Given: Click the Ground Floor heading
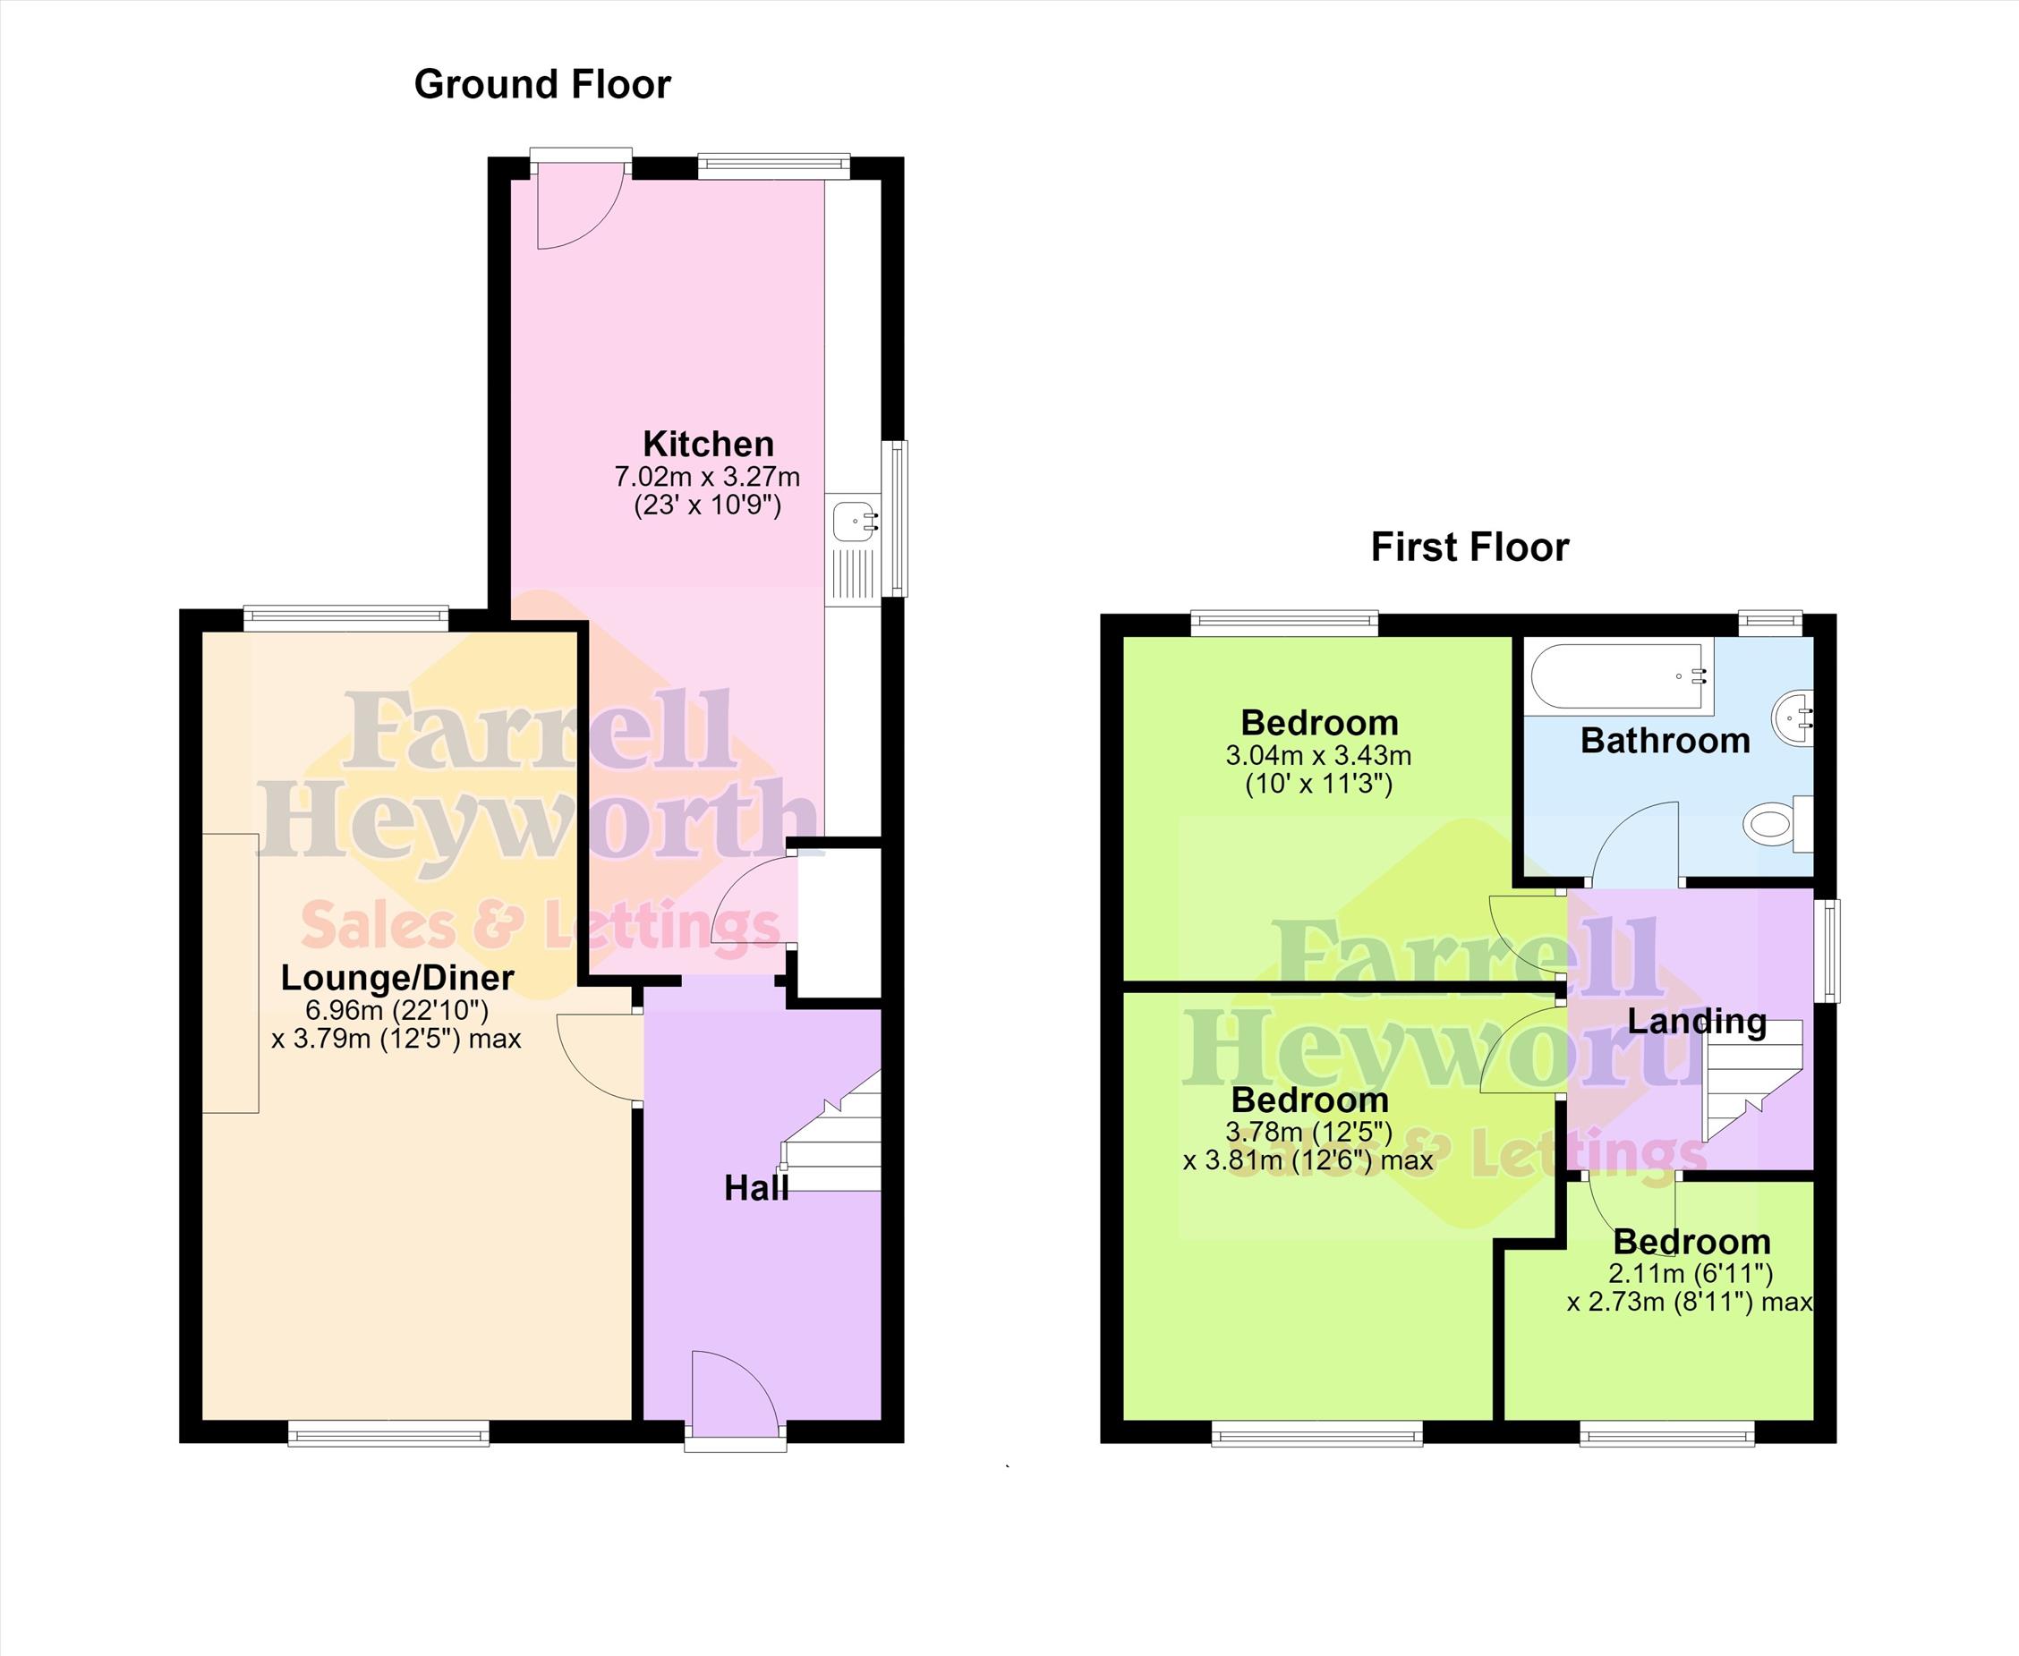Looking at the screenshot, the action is tap(542, 85).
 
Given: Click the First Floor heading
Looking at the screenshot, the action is tap(1470, 548).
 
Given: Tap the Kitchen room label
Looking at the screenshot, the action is tap(708, 444).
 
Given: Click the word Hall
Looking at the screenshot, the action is tap(755, 1187).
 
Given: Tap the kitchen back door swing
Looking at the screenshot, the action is tap(580, 205).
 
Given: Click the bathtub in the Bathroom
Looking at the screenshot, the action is tap(1617, 676).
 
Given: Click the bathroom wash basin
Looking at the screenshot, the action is tap(1793, 717).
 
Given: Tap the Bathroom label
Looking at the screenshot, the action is tap(1665, 740).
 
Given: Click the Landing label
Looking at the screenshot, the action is tap(1697, 1021).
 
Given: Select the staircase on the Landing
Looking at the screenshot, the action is tap(1753, 1081).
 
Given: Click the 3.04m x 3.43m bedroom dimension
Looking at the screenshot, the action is tap(1318, 755).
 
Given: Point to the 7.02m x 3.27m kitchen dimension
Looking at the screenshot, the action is tap(707, 476).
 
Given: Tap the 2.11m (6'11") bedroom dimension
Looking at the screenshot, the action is tap(1690, 1272).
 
